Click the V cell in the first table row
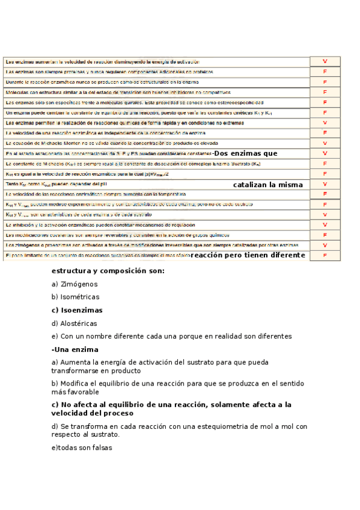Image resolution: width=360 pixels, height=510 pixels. click(325, 61)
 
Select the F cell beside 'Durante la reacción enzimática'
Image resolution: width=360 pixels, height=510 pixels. click(325, 82)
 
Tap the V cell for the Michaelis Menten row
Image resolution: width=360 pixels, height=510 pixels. click(325, 143)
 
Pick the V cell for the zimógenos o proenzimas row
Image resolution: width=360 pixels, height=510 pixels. click(325, 245)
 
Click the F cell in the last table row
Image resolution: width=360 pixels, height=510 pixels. click(325, 256)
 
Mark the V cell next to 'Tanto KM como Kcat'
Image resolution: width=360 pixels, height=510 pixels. click(325, 184)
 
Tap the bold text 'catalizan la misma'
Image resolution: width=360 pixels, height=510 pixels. click(268, 185)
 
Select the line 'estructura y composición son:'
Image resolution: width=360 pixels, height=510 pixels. click(108, 271)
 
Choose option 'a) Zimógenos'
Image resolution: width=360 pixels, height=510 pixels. click(75, 284)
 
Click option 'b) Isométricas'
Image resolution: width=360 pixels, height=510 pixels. click(76, 297)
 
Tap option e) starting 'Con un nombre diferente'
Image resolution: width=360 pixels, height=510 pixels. click(171, 336)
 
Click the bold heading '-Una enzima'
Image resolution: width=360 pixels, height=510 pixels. click(75, 349)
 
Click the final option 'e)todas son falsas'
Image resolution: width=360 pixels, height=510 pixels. click(82, 447)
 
